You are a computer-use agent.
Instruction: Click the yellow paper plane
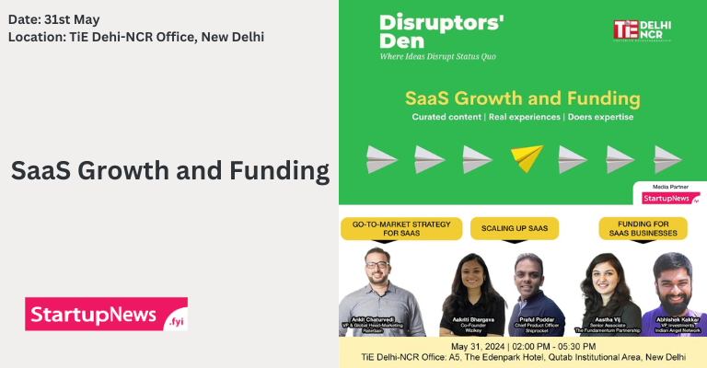tap(527, 158)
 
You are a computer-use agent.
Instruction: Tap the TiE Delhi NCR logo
tap(643, 29)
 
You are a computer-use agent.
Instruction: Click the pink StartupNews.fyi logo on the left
tap(106, 314)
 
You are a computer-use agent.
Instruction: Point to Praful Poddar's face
tap(530, 275)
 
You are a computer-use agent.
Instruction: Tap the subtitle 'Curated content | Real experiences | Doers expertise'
tap(520, 119)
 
